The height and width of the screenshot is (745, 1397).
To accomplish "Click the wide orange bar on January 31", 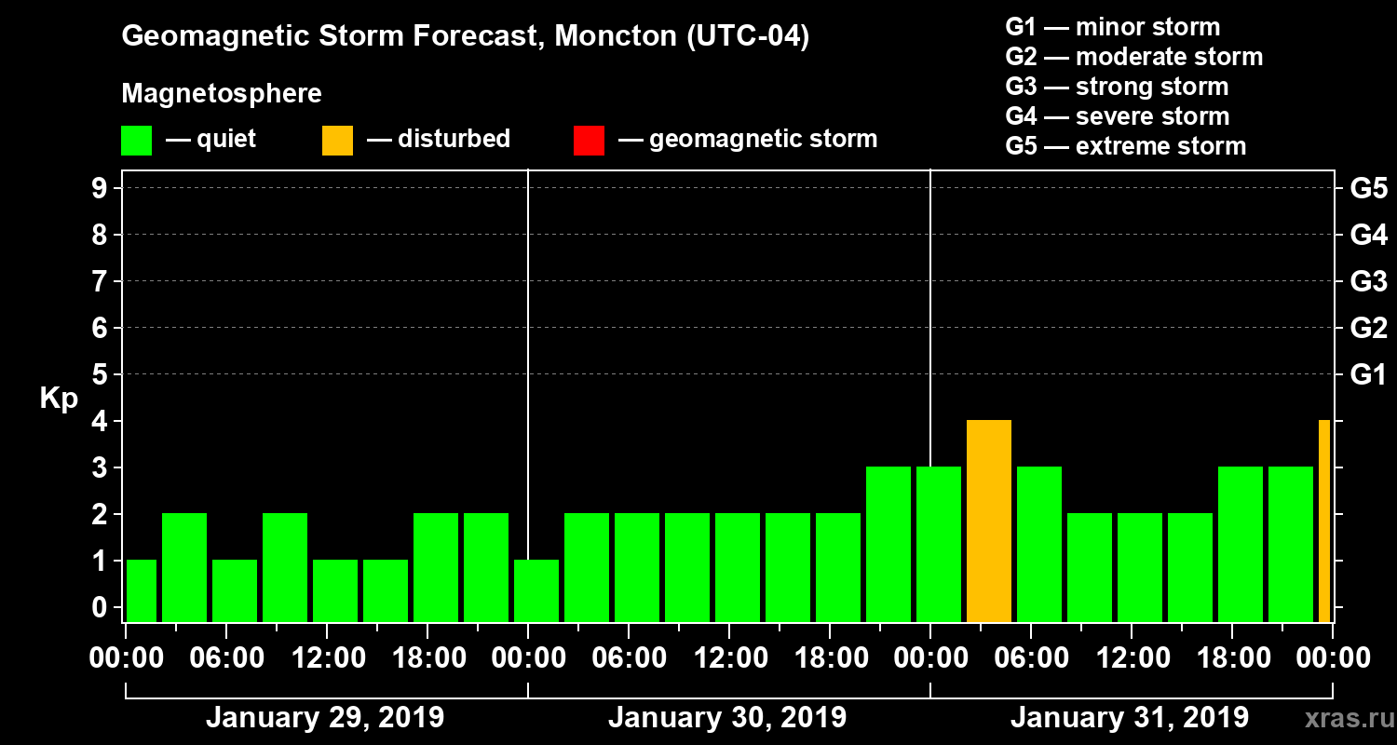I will (989, 521).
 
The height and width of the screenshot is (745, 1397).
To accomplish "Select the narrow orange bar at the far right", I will (1324, 521).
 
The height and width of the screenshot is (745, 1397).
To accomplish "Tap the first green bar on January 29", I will (142, 590).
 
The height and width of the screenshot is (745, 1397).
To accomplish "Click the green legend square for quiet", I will (137, 140).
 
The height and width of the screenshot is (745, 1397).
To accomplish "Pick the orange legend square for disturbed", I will (338, 140).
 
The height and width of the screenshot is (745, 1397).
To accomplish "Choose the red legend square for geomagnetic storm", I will (590, 140).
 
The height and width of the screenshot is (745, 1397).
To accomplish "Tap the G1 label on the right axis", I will (1368, 375).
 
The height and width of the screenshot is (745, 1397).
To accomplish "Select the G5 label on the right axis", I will (1368, 189).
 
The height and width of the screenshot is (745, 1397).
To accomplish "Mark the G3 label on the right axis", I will (1368, 282).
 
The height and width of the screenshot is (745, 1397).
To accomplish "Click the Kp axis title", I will (59, 399).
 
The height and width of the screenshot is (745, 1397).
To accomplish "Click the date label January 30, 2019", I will (727, 718).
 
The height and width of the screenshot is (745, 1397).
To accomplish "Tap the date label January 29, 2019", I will (325, 718).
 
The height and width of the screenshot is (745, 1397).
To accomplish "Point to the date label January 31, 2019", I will (1130, 718).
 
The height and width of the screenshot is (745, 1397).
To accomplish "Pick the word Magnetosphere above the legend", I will (222, 94).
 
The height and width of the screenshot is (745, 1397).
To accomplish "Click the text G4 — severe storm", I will (1118, 116).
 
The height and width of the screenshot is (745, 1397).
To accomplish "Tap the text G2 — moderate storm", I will (1134, 57).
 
